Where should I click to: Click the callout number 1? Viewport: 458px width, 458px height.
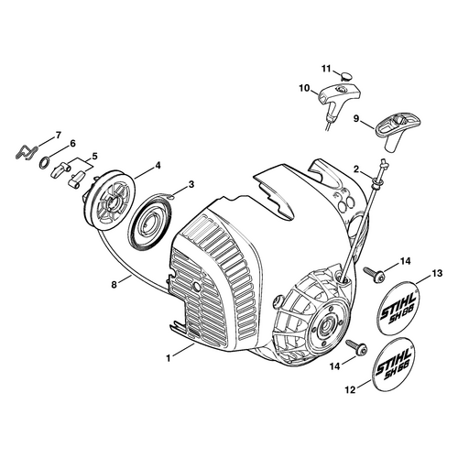(x=169, y=358)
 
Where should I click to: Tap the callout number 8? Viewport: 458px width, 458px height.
(x=114, y=285)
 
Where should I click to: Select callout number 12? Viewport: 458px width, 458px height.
(x=351, y=390)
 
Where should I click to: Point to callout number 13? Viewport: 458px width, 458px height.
(x=438, y=273)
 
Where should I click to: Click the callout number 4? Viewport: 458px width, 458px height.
(x=158, y=165)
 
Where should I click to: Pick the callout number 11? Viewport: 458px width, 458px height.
(x=326, y=69)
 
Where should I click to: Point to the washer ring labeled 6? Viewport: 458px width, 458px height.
(x=44, y=162)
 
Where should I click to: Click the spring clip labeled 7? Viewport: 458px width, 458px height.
(x=26, y=152)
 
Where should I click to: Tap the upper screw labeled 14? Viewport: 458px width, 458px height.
(x=374, y=274)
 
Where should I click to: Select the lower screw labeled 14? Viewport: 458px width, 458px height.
(x=356, y=347)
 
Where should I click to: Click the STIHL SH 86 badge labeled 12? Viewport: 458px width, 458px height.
(x=395, y=364)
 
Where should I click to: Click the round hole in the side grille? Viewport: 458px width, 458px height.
(x=195, y=287)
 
